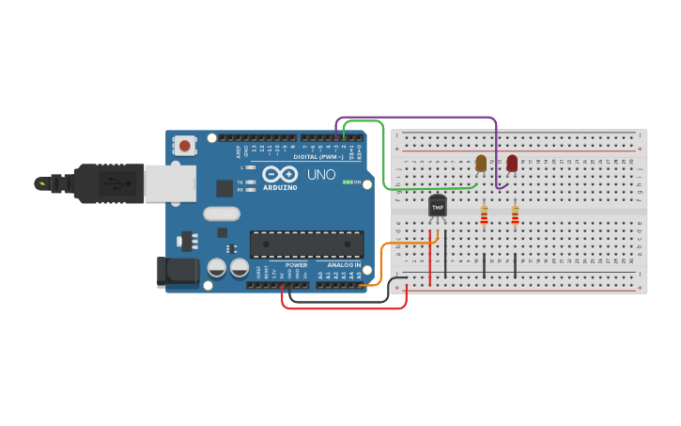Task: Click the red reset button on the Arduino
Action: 185,146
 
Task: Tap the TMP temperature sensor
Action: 437,206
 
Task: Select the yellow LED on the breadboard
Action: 481,164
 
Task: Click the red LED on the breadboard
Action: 512,164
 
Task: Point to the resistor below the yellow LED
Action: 484,216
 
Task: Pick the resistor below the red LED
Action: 515,216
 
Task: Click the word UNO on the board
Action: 321,174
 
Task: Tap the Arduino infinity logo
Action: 279,174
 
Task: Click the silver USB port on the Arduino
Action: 169,183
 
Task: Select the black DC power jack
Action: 178,271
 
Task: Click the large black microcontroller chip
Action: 306,245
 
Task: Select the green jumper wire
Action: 384,155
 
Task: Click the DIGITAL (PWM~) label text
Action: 318,156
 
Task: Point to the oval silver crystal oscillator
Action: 222,213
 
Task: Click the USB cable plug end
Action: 56,183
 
